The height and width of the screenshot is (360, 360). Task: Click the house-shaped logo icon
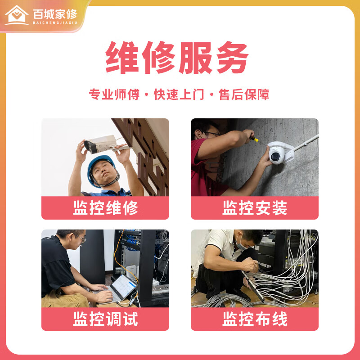click(17, 15)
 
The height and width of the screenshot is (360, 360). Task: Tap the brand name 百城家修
click(55, 14)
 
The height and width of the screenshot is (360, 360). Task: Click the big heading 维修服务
click(177, 58)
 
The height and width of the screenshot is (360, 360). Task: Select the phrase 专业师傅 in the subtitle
click(114, 94)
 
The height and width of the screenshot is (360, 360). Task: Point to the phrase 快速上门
click(179, 94)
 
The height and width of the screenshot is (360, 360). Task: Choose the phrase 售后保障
click(244, 94)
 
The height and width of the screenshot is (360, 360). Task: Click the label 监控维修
click(105, 208)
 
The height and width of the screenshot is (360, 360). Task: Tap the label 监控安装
click(255, 208)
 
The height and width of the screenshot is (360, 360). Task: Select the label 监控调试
click(105, 319)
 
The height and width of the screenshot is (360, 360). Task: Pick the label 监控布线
click(255, 319)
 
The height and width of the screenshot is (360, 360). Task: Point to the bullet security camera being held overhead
click(101, 144)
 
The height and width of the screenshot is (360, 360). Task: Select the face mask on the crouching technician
click(240, 244)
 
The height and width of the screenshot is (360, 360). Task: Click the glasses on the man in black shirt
click(81, 239)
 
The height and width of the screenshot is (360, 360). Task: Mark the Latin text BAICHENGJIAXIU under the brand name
click(55, 23)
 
